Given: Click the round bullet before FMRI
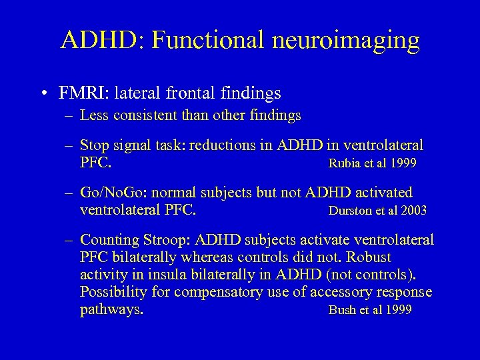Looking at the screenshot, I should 42,93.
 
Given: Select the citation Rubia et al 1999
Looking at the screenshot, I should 372,164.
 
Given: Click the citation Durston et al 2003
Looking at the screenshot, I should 377,211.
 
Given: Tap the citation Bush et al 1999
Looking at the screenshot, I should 370,310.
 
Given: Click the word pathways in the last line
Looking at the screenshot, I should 111,310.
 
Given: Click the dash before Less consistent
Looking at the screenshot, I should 69,116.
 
